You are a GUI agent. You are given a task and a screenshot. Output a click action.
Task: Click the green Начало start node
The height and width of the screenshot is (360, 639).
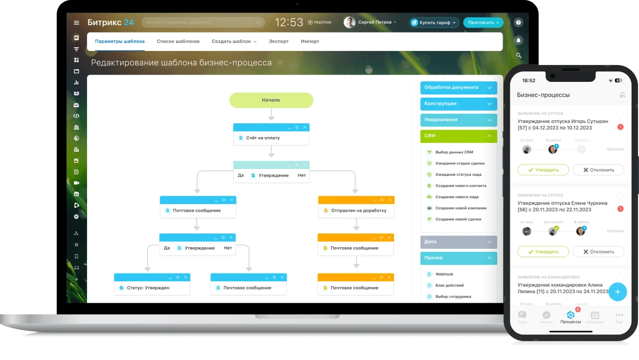pos(271,100)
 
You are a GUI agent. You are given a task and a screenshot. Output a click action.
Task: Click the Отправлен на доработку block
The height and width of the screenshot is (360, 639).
pos(356,210)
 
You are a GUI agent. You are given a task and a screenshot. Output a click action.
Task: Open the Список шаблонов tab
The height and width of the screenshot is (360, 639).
pos(178,41)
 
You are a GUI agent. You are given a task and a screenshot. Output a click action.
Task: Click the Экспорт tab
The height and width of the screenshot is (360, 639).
pos(279,41)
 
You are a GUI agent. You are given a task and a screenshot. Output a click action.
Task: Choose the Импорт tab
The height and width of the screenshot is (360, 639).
pos(310,41)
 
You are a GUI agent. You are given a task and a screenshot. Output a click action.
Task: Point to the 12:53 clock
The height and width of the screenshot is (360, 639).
pos(289,23)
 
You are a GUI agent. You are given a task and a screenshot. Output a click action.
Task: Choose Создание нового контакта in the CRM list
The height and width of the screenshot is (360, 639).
pos(461,186)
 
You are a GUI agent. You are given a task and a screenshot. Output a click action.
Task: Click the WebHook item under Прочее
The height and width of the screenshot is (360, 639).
pos(444,274)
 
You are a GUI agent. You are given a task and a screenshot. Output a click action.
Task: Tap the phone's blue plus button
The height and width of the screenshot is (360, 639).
pos(617,292)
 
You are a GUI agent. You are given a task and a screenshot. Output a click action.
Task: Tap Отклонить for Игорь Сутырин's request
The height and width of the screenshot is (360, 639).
pos(598,170)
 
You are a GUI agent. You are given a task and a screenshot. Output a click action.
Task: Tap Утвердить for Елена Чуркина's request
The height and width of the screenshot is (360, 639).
pos(543,252)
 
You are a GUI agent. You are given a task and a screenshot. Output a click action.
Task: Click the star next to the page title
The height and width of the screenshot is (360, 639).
pos(280,62)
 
